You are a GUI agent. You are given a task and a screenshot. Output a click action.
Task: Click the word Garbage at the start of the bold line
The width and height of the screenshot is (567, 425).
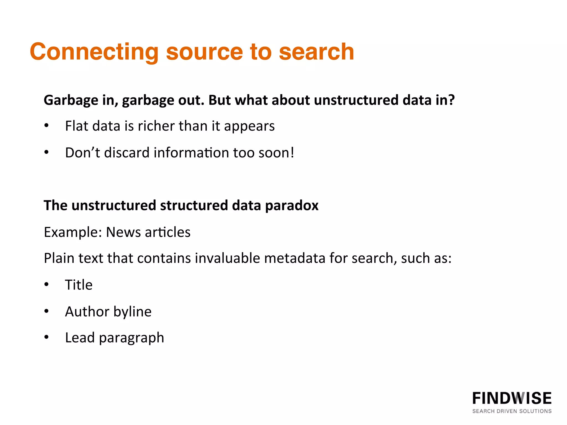(x=71, y=100)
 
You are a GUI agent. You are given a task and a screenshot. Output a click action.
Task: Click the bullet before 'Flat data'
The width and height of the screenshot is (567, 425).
(x=47, y=126)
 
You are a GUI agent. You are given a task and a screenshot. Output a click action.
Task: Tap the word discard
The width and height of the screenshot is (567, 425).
(x=127, y=152)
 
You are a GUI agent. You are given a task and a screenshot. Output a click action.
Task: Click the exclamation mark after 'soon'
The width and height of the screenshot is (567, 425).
(x=292, y=152)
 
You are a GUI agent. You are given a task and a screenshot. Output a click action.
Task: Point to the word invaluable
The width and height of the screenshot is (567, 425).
(x=227, y=258)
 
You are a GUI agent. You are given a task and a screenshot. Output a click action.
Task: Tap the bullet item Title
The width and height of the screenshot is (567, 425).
(x=79, y=285)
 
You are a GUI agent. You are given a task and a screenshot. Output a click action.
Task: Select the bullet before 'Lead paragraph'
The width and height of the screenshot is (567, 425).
(x=47, y=337)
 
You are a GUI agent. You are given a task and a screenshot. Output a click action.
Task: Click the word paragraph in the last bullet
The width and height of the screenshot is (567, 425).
(x=132, y=338)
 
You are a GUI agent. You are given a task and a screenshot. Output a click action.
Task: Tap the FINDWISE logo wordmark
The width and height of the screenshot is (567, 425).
(x=512, y=398)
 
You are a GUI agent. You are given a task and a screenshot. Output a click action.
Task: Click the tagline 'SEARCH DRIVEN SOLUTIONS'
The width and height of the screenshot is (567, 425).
(x=512, y=411)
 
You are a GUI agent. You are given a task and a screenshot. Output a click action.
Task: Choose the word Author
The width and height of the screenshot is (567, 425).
(x=87, y=312)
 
